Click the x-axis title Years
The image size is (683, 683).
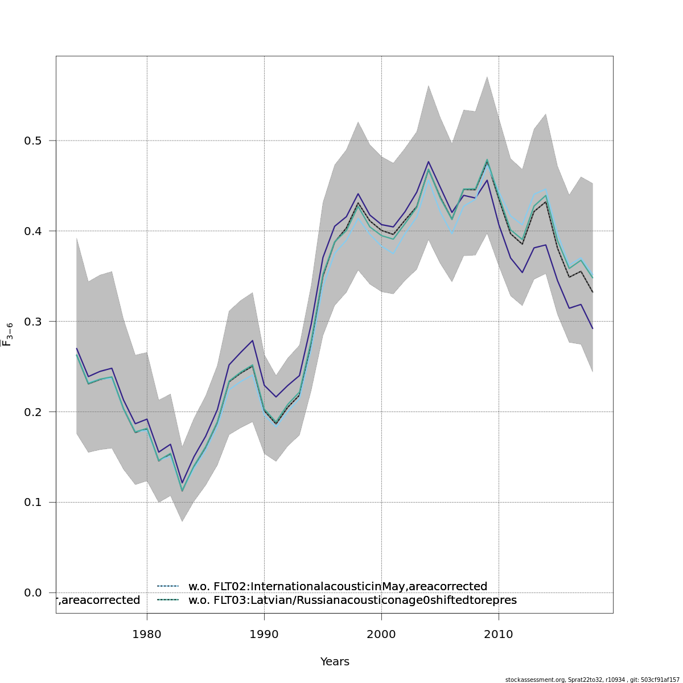[x=335, y=662]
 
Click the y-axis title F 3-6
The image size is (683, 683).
[x=7, y=335]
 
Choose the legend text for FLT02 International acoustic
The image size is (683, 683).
[x=338, y=587]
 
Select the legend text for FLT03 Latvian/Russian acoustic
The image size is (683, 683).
[x=352, y=600]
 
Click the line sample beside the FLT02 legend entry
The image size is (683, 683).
[x=168, y=586]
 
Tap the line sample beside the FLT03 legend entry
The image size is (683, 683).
[x=168, y=600]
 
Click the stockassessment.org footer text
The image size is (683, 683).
[x=592, y=680]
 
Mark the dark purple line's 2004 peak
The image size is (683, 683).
[x=429, y=162]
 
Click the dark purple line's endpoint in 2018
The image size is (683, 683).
[x=593, y=328]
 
